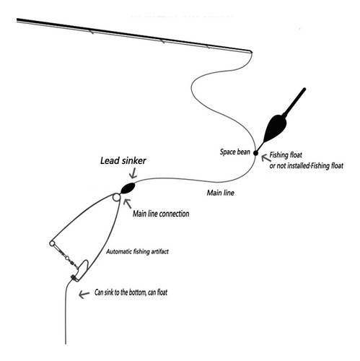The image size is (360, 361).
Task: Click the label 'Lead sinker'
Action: click(123, 161)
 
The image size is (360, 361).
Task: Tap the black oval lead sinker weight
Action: click(128, 188)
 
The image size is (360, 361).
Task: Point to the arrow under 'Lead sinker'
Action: click(133, 173)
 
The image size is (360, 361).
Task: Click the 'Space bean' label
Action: click(235, 152)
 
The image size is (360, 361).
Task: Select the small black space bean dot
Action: click(255, 153)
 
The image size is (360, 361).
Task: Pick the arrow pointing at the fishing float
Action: click(265, 158)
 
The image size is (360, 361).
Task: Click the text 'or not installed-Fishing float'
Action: click(306, 166)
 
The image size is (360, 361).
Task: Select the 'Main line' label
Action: click(221, 193)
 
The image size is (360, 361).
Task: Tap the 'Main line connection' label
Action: click(161, 214)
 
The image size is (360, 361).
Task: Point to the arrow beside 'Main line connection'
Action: click(128, 204)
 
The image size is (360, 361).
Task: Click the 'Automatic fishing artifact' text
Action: click(137, 252)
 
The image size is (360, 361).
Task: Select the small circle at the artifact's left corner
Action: click(52, 243)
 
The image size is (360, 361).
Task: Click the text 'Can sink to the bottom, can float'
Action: click(131, 292)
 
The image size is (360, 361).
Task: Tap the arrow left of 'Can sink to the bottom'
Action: click(84, 294)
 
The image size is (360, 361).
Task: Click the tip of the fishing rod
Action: click(252, 51)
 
